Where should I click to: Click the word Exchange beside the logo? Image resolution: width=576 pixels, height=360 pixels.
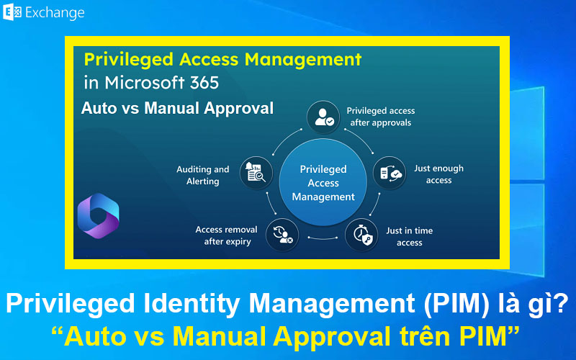(55, 13)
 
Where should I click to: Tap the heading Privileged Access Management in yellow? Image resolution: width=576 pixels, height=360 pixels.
(222, 58)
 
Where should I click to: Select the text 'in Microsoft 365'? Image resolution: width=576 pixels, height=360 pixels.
(151, 82)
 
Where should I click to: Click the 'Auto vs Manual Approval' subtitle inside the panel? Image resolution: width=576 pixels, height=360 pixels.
(177, 109)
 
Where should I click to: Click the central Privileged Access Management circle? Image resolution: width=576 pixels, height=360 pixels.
(323, 183)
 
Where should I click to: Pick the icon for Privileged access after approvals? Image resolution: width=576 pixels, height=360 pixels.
(322, 117)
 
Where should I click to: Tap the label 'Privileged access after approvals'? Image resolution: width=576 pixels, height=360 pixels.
(380, 117)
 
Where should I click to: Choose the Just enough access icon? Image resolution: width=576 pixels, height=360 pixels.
(390, 174)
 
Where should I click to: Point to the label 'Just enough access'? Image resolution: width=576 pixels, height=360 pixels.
(438, 174)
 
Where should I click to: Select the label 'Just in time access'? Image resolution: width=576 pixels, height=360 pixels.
(409, 237)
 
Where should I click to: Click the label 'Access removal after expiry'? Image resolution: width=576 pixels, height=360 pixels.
(226, 235)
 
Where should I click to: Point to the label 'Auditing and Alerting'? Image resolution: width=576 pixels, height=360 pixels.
(203, 175)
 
